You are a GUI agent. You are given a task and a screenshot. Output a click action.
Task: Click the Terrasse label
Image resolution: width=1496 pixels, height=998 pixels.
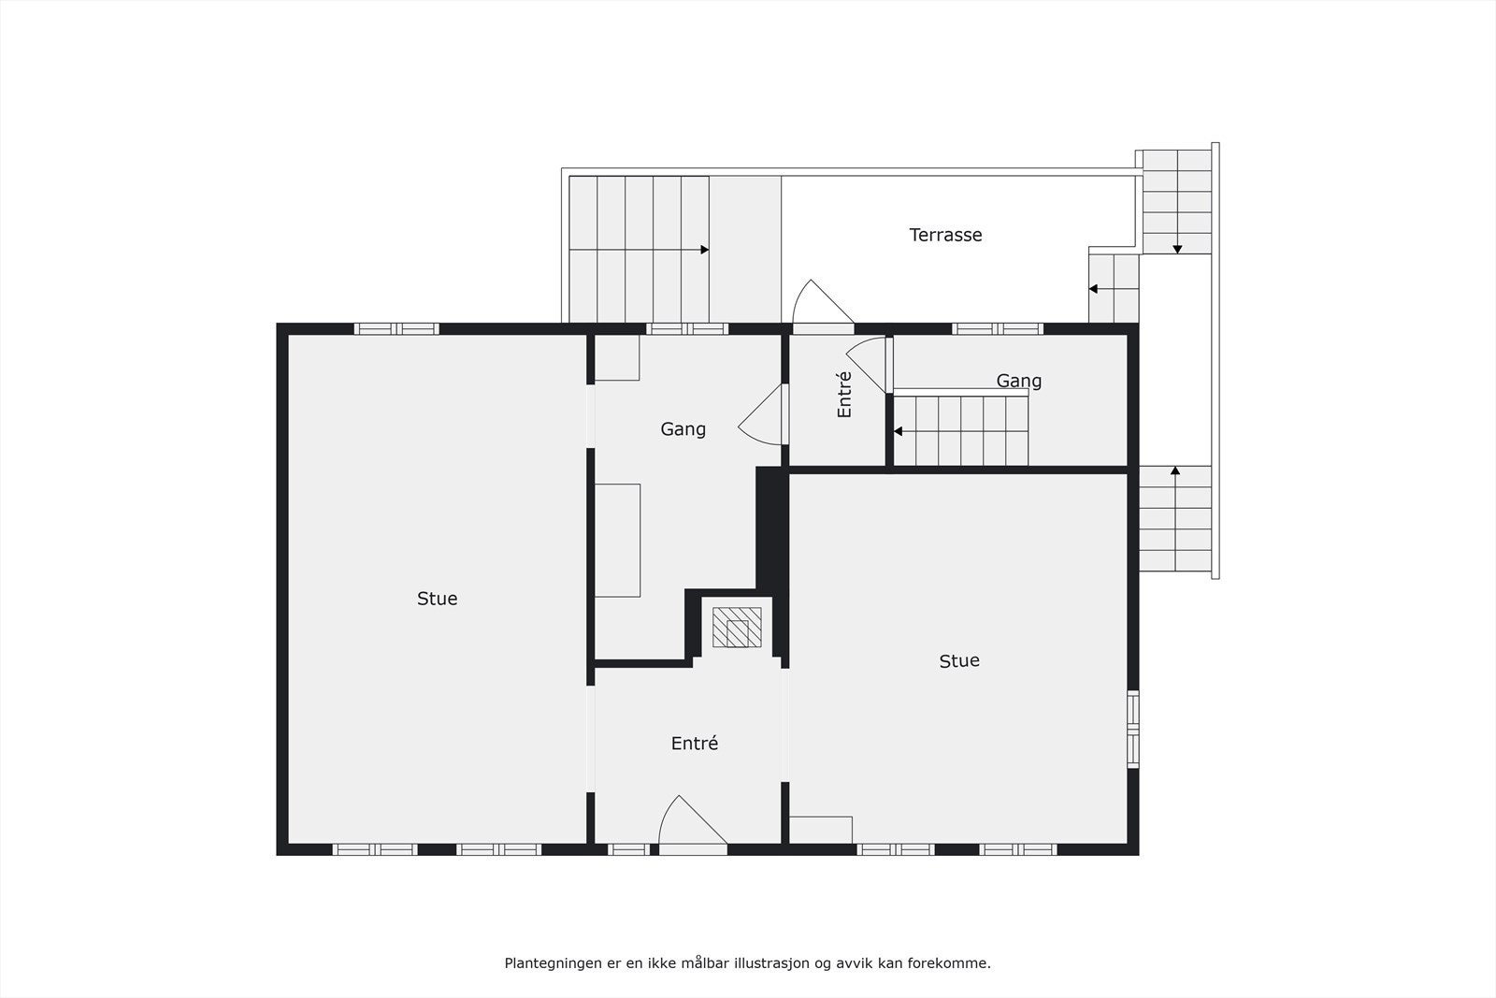click(945, 235)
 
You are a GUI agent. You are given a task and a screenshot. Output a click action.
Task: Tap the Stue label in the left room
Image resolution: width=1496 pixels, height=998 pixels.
click(437, 599)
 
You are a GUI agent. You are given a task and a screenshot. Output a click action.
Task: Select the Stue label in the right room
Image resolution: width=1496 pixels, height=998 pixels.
click(958, 660)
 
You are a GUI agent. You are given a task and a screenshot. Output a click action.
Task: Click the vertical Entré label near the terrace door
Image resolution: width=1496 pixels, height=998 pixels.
click(844, 394)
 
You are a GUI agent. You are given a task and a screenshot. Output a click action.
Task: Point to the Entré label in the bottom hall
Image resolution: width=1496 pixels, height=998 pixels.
click(694, 744)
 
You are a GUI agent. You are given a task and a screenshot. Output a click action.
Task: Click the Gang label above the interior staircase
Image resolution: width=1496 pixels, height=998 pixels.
click(1018, 381)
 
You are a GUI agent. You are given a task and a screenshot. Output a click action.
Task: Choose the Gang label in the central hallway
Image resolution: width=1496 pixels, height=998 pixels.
click(683, 429)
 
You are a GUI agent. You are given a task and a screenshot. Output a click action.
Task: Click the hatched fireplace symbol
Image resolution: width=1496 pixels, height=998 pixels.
click(737, 627)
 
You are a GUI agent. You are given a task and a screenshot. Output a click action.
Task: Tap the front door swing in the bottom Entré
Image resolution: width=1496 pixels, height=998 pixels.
click(690, 822)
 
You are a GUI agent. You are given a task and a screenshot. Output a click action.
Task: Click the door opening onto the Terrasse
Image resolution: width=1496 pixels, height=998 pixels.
click(821, 304)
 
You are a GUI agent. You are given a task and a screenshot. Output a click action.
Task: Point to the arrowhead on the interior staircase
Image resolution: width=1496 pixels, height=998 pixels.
click(898, 431)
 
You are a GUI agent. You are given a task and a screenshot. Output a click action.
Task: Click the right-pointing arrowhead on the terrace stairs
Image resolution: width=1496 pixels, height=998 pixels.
click(704, 250)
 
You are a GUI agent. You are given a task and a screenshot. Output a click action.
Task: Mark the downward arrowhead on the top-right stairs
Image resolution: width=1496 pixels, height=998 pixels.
click(1177, 249)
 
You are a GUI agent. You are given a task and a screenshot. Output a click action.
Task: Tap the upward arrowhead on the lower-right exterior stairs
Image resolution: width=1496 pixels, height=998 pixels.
click(1175, 470)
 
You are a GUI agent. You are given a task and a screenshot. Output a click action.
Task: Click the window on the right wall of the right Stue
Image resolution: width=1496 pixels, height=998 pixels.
click(1132, 729)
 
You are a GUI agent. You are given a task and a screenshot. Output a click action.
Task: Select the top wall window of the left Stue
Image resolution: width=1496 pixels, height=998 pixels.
click(396, 328)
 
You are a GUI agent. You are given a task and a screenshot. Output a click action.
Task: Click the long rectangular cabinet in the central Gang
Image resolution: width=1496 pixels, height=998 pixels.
click(617, 540)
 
